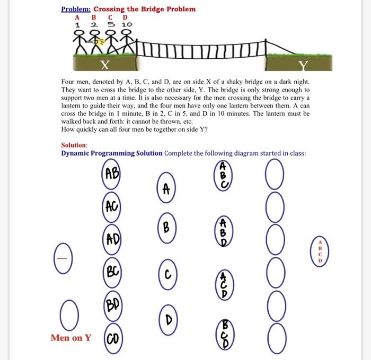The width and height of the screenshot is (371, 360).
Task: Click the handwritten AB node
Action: tap(112, 173)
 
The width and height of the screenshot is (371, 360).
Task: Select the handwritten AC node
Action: tap(112, 206)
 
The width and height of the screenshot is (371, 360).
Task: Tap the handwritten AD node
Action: tap(112, 239)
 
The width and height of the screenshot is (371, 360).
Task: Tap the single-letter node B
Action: tap(166, 229)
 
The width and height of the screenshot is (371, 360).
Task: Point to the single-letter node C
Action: tap(166, 275)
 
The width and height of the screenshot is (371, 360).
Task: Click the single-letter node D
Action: tap(166, 319)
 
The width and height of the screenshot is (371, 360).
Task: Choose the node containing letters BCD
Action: tap(224, 333)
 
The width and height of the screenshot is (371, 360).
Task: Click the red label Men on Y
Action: tap(71, 337)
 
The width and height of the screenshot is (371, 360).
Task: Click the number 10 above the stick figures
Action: tap(127, 24)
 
